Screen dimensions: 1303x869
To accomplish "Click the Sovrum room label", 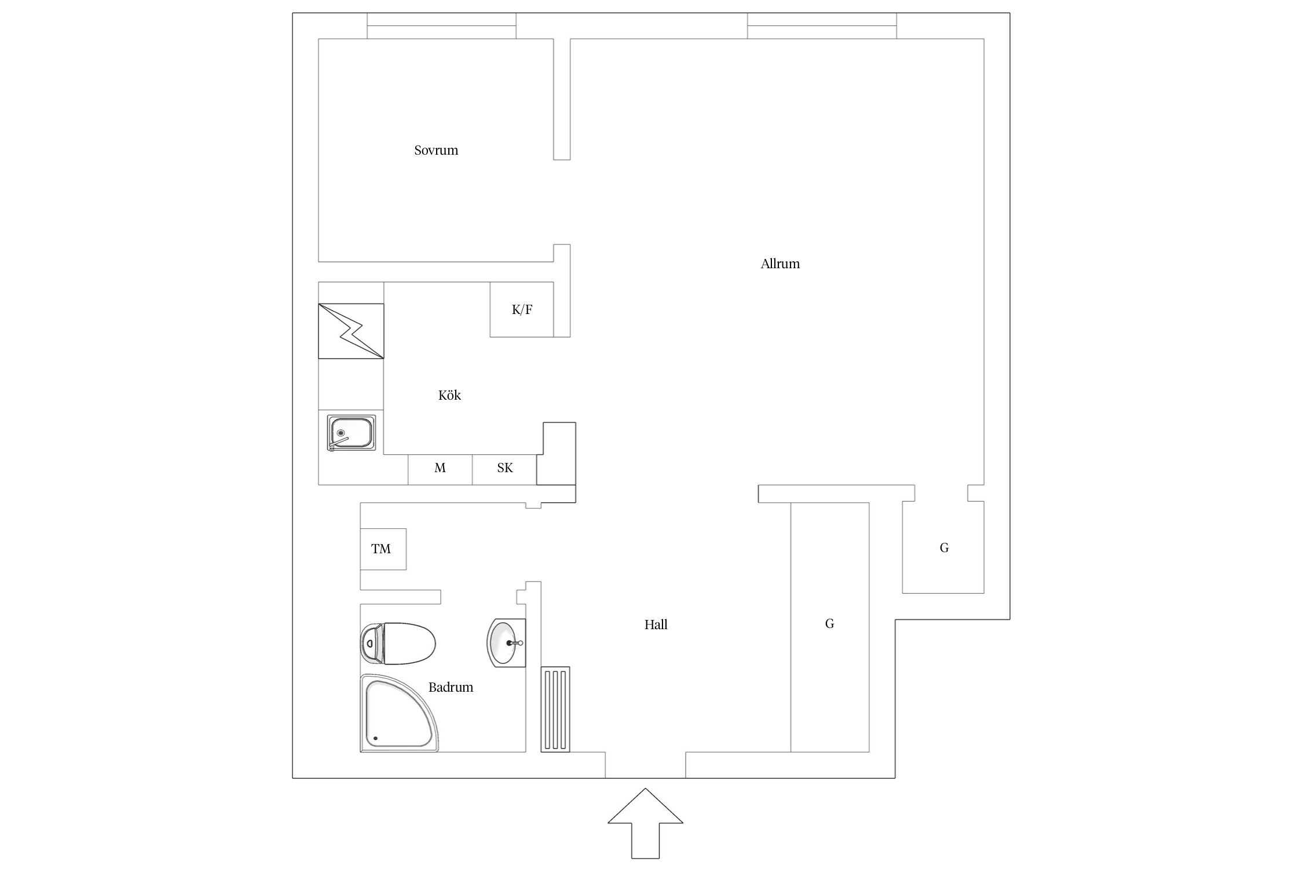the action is (436, 151).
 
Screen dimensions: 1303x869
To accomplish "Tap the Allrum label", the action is (780, 264).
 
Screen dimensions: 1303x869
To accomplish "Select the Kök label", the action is (449, 395).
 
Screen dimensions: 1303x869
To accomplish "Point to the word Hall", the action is (656, 625).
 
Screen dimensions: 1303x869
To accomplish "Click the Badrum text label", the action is (451, 687).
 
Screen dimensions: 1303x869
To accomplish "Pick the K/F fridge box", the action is (522, 309).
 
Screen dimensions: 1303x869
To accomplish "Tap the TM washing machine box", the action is (383, 549).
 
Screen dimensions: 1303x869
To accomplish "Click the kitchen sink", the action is (351, 433).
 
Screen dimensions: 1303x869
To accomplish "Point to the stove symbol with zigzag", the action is (351, 331).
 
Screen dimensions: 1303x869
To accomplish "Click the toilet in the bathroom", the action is (398, 644).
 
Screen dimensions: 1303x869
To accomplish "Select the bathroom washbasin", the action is (506, 642).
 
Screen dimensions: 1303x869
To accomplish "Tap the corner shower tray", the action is (399, 713).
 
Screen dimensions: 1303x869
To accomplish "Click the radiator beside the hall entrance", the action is (555, 710).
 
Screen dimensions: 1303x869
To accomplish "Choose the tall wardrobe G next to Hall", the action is (830, 627).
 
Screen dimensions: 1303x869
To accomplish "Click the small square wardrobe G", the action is (943, 547).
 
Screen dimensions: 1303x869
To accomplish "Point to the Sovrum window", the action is (441, 26).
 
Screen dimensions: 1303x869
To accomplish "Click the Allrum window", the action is (822, 26).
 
